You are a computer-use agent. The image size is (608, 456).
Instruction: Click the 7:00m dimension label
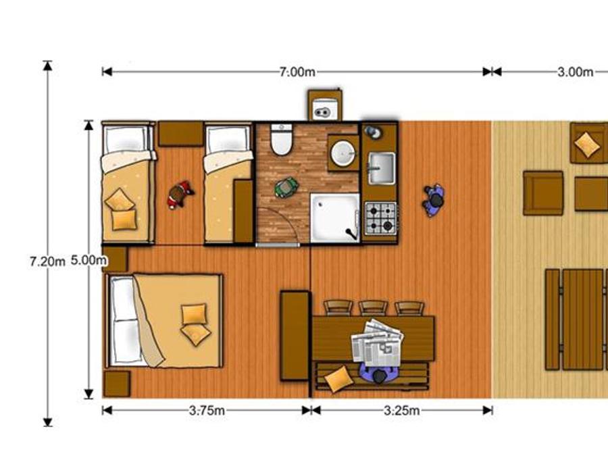pyautogui.click(x=297, y=72)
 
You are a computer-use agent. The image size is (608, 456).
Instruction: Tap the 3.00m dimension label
pyautogui.click(x=575, y=72)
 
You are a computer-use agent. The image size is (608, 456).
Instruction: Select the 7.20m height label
pyautogui.click(x=47, y=261)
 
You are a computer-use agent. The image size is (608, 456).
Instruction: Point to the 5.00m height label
pyautogui.click(x=88, y=260)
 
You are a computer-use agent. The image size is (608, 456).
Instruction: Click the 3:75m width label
pyautogui.click(x=207, y=411)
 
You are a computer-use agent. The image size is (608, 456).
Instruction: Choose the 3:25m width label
pyautogui.click(x=402, y=411)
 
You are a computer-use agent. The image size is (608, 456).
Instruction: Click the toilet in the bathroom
pyautogui.click(x=281, y=139)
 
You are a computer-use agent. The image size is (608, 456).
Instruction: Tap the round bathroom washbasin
pyautogui.click(x=343, y=153)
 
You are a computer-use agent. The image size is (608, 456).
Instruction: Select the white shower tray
pyautogui.click(x=335, y=218)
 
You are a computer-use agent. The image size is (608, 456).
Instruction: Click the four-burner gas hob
pyautogui.click(x=381, y=218)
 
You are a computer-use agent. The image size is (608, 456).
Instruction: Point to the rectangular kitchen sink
pyautogui.click(x=382, y=168)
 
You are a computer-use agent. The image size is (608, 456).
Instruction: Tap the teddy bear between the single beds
pyautogui.click(x=180, y=195)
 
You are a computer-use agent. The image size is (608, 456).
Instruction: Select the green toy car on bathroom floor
pyautogui.click(x=286, y=187)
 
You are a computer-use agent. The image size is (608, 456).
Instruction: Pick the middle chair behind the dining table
pyautogui.click(x=373, y=308)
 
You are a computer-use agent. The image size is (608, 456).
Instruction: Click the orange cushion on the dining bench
pyautogui.click(x=338, y=379)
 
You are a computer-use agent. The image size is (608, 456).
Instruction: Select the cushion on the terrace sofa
pyautogui.click(x=588, y=145)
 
